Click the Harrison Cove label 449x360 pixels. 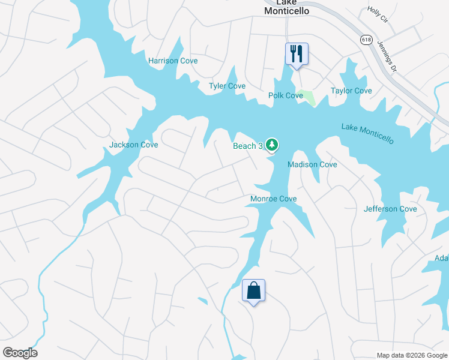(x=173, y=61)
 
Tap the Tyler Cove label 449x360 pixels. (x=227, y=86)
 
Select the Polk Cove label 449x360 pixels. (x=286, y=95)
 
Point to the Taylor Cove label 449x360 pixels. (x=351, y=91)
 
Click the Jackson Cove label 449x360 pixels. (x=133, y=145)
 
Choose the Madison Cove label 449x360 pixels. (x=312, y=164)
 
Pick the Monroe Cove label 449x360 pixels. (x=273, y=199)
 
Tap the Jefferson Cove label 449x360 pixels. (x=390, y=209)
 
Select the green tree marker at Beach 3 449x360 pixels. (x=272, y=144)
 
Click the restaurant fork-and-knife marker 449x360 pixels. (x=296, y=54)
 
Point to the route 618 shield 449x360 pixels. (x=366, y=39)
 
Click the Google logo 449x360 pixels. (x=20, y=353)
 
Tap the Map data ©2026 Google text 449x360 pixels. (x=411, y=355)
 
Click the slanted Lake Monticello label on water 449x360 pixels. (x=368, y=134)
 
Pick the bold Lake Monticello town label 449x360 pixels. (x=286, y=7)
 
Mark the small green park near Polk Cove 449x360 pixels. (x=307, y=97)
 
